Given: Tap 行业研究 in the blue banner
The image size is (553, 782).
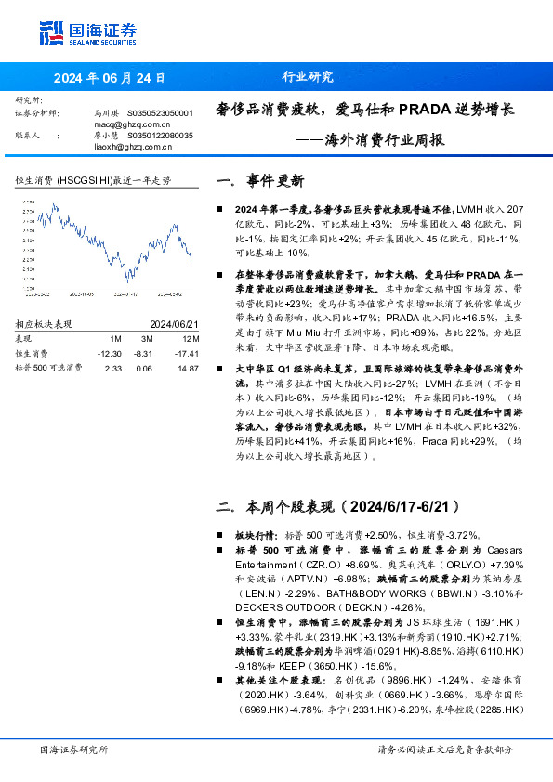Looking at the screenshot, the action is tap(307, 78).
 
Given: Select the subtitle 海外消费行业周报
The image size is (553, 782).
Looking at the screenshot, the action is tap(383, 141).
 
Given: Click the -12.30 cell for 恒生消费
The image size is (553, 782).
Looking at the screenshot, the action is tap(110, 354).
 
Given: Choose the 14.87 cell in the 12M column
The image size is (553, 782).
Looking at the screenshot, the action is tap(188, 368).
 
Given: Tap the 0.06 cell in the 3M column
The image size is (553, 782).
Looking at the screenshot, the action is tap(144, 368).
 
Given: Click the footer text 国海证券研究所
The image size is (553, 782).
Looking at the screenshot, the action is tap(73, 749).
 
